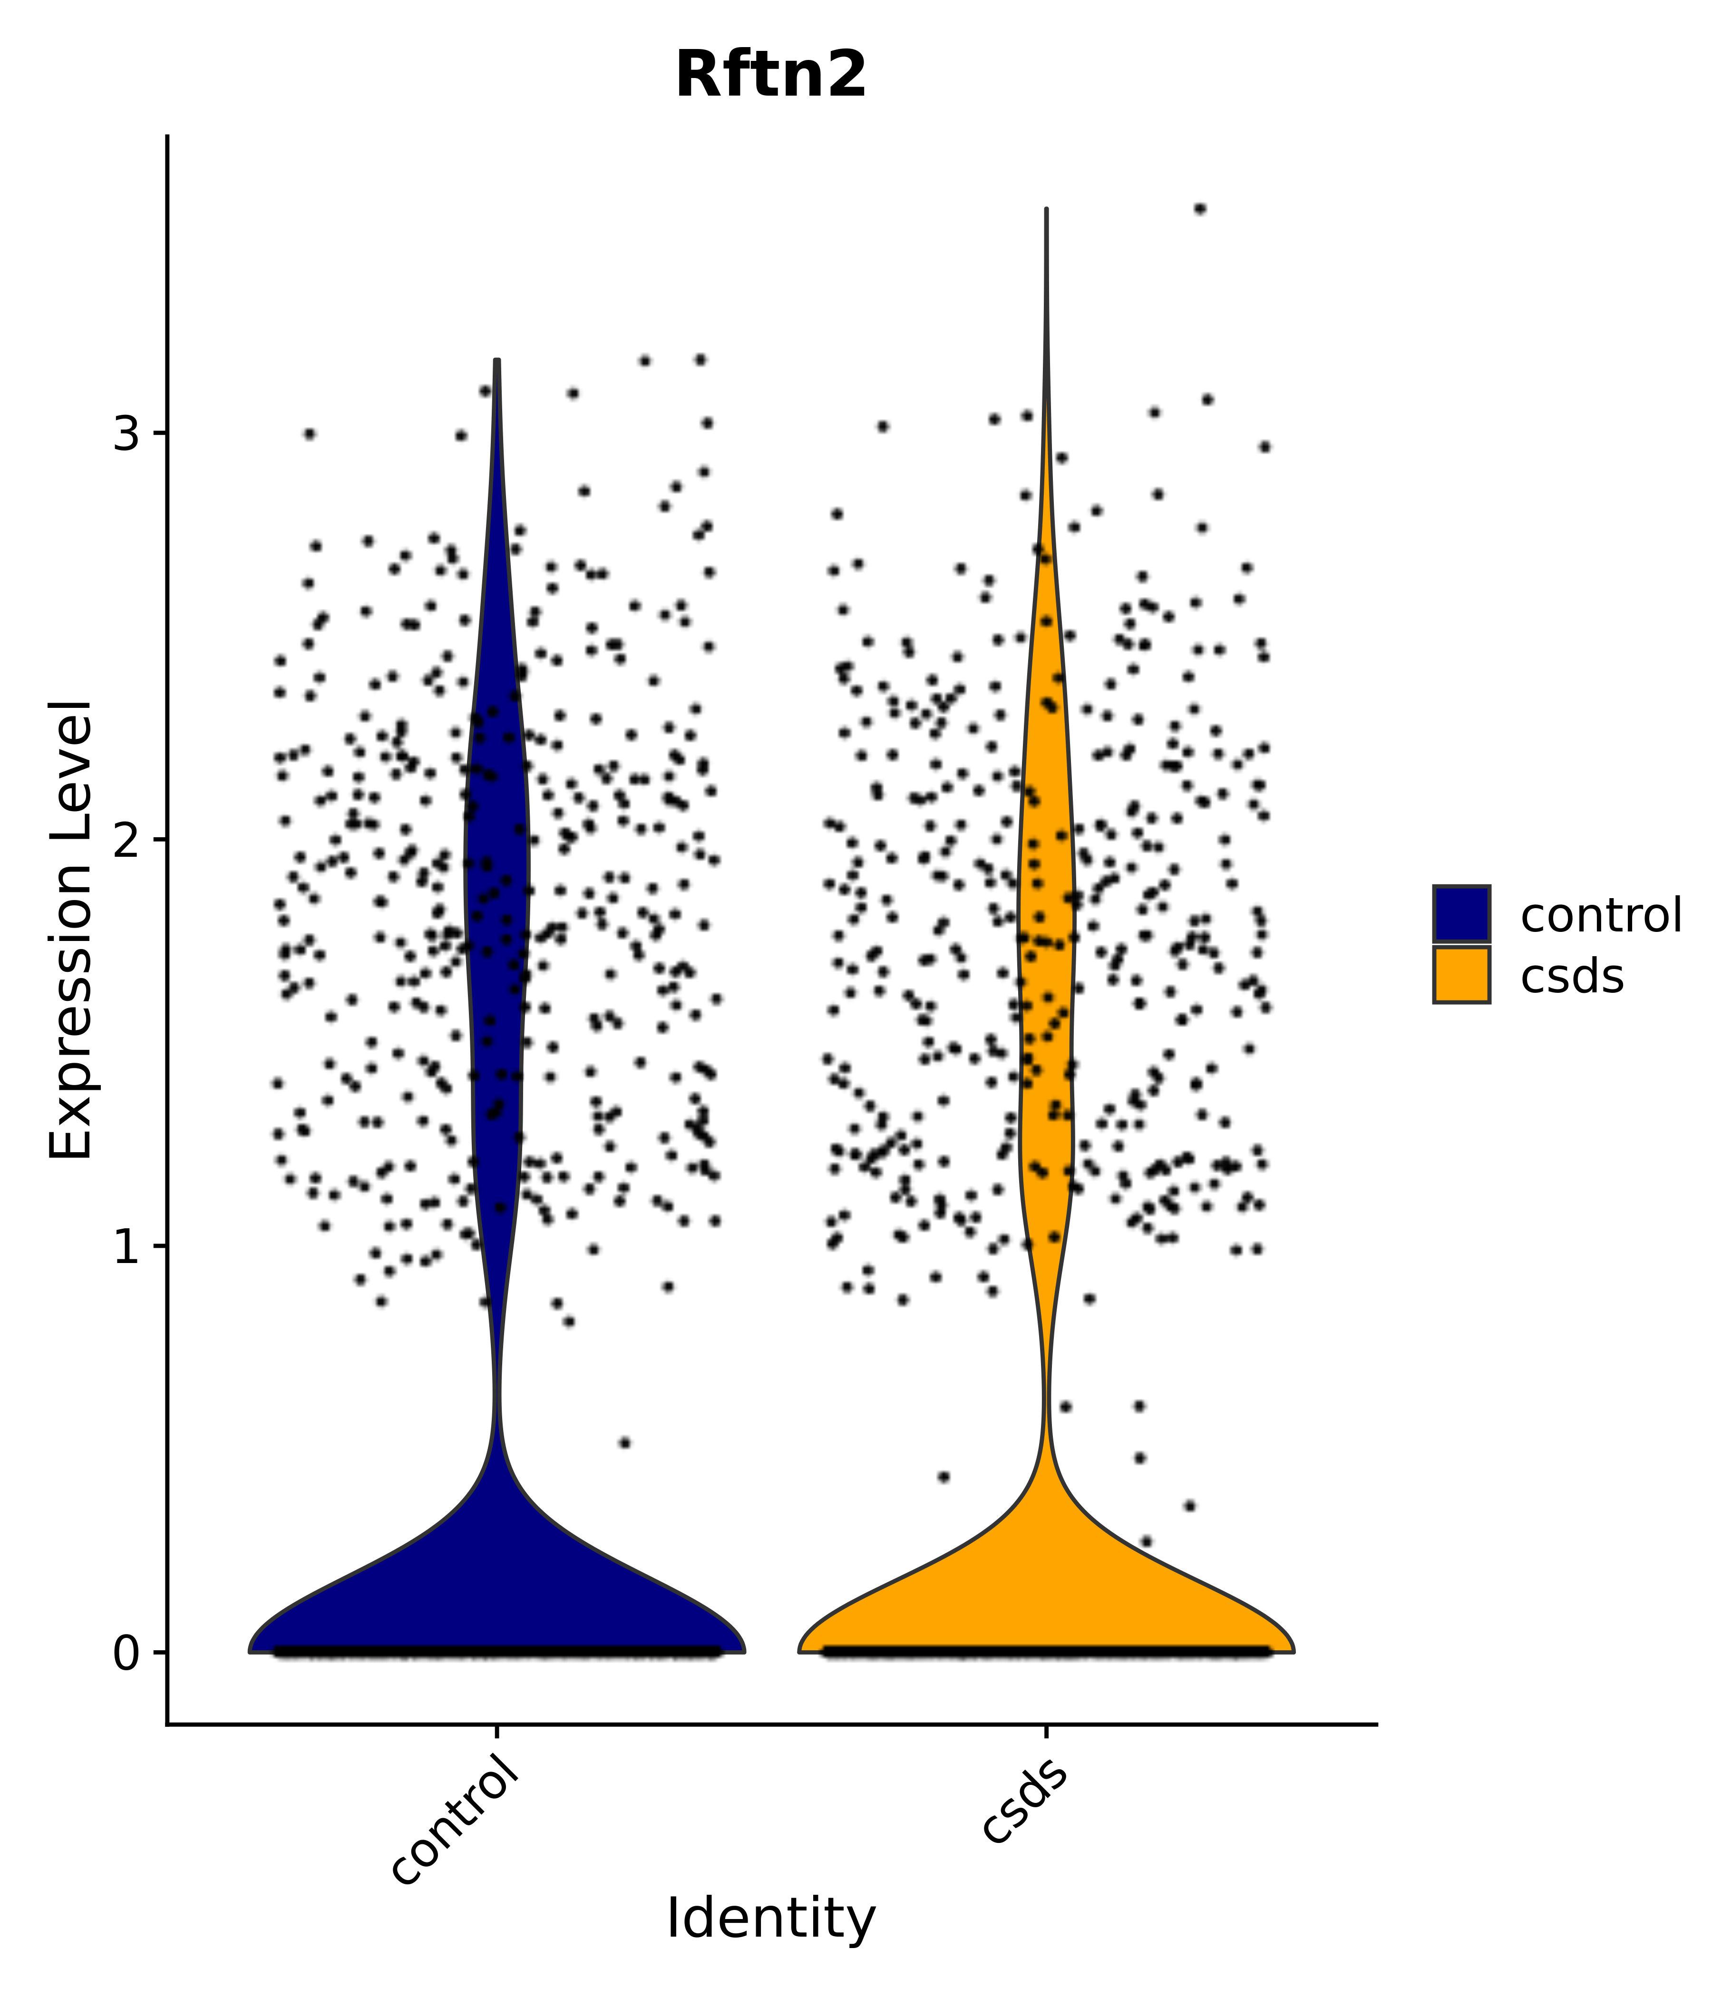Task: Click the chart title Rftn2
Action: [770, 75]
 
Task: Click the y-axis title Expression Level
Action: [71, 930]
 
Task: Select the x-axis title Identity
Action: [770, 1918]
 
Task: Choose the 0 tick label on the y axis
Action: [126, 1655]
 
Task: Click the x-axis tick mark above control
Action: [496, 1734]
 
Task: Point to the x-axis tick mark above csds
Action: [1046, 1734]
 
